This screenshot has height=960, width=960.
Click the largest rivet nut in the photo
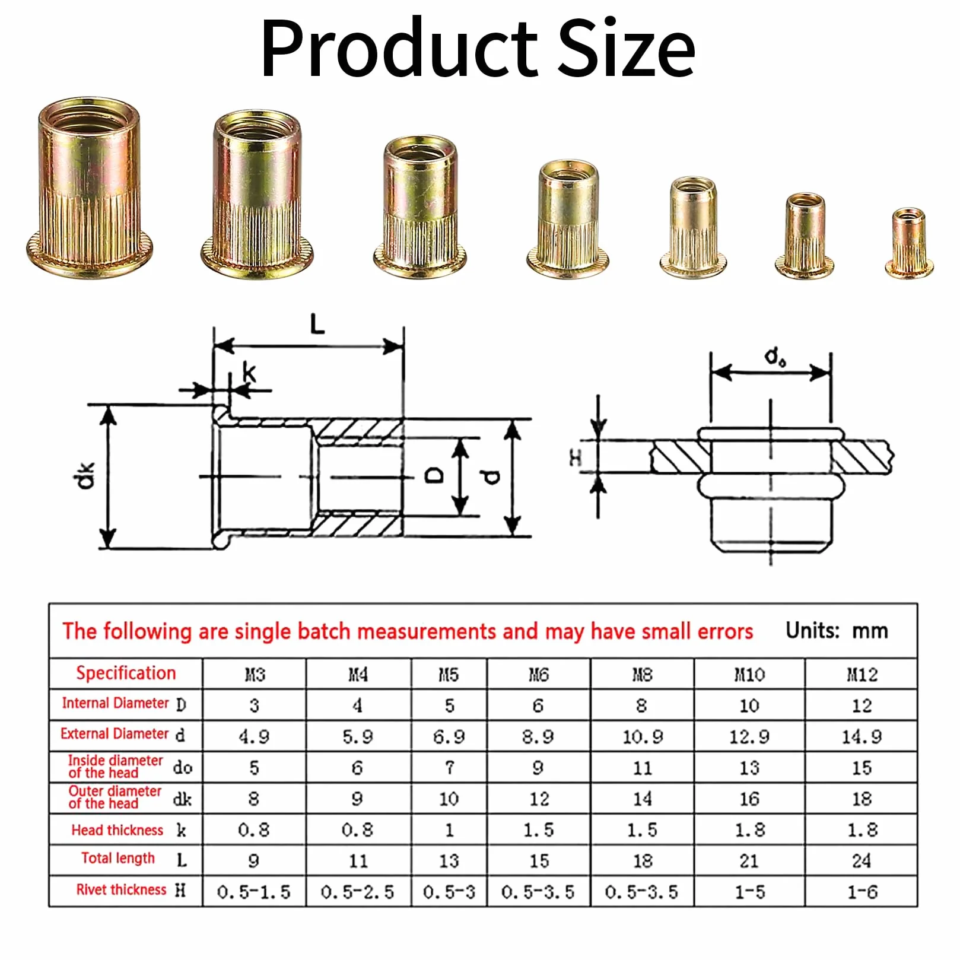(x=90, y=188)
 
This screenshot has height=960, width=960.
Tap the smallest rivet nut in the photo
(x=909, y=243)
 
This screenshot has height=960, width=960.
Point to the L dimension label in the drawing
(x=318, y=325)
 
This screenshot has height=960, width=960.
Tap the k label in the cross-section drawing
(x=249, y=372)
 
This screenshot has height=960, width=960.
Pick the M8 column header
(x=642, y=675)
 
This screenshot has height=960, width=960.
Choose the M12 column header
(x=862, y=675)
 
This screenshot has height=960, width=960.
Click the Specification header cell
(x=126, y=673)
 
